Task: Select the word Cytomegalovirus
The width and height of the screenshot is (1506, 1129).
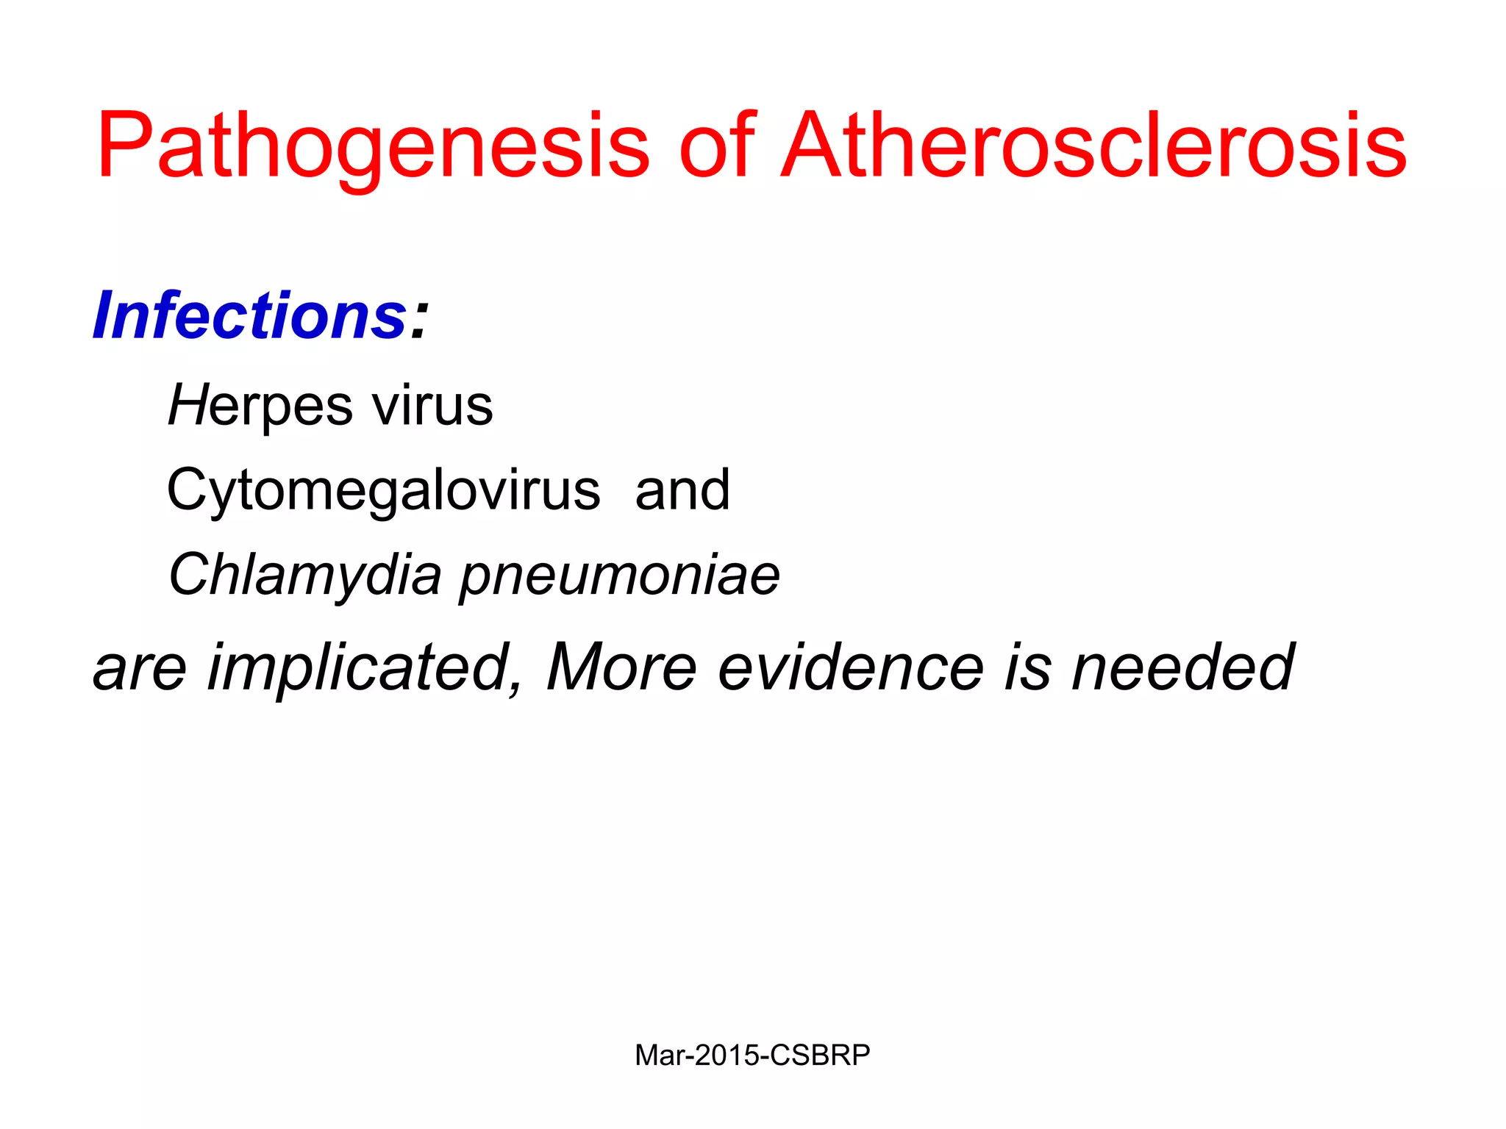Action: coord(383,490)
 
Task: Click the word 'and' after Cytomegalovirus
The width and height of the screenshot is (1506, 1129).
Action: coord(682,490)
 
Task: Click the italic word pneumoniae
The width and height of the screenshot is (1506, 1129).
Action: coord(620,576)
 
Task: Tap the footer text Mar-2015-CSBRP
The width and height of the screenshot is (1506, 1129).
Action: coord(752,1055)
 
